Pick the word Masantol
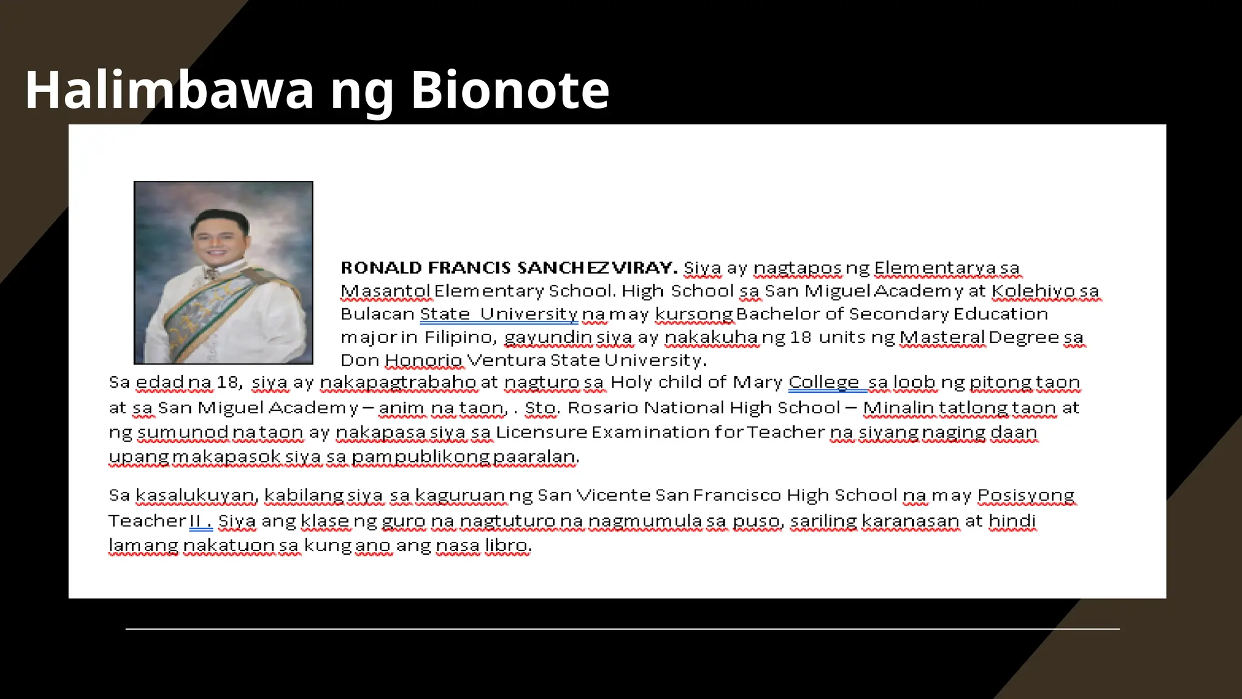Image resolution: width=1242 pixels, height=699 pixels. tap(386, 291)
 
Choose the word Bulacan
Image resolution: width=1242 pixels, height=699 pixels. tap(377, 314)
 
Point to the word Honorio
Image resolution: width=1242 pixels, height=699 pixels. tap(423, 360)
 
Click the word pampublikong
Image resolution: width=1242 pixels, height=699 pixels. tap(420, 456)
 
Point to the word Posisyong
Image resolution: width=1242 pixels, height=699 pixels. tap(1025, 495)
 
